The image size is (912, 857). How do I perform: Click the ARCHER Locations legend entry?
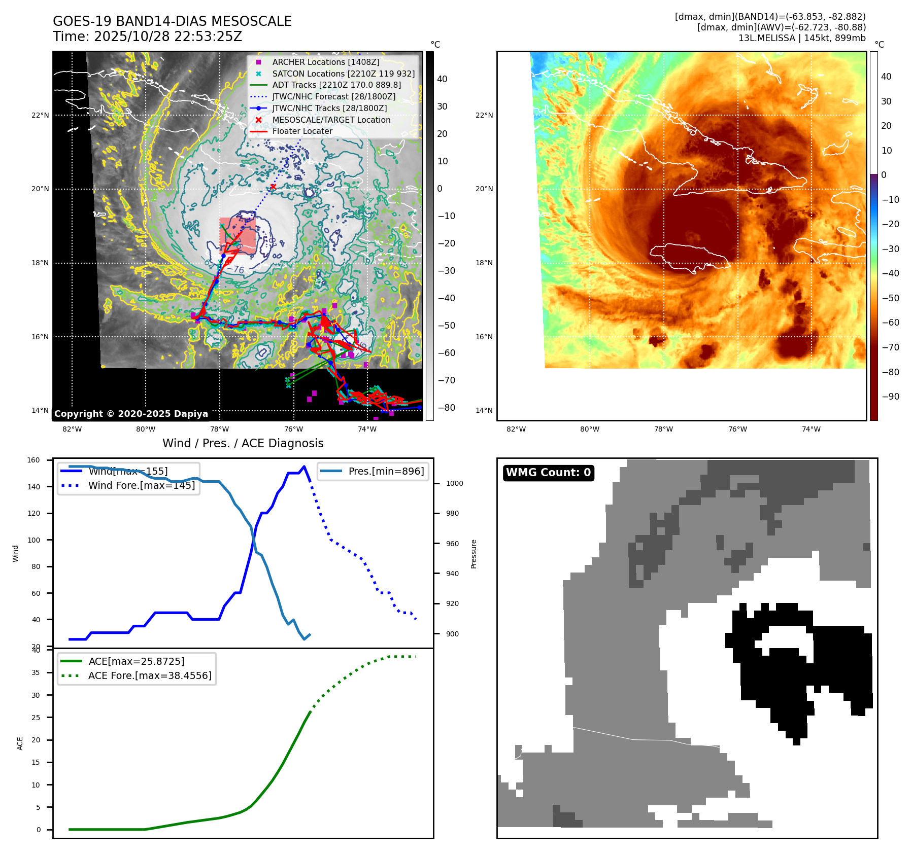click(325, 62)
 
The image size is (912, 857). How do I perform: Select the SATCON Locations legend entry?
click(343, 74)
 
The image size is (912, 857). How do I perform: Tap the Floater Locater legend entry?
click(302, 131)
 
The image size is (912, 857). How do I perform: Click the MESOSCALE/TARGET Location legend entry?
click(331, 120)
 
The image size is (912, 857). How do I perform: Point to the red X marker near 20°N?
click(273, 187)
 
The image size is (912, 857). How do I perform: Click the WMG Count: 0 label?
click(548, 473)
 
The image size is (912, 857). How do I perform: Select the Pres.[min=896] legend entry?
click(386, 471)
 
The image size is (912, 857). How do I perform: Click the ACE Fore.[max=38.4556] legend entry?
click(150, 675)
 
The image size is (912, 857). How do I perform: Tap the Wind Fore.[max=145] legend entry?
click(141, 485)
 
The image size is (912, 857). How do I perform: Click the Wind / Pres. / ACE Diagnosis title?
click(243, 443)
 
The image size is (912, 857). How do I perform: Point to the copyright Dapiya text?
click(131, 414)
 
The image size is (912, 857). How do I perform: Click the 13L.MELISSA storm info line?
click(802, 38)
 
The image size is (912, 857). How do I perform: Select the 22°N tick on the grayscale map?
click(40, 115)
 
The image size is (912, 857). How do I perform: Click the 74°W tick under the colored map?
click(811, 429)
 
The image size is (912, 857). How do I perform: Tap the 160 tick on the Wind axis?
click(33, 460)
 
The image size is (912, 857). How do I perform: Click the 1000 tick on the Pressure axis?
click(454, 483)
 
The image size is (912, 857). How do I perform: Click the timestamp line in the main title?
click(147, 37)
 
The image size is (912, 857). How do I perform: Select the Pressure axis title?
click(474, 554)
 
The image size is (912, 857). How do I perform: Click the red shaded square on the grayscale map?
click(237, 236)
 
